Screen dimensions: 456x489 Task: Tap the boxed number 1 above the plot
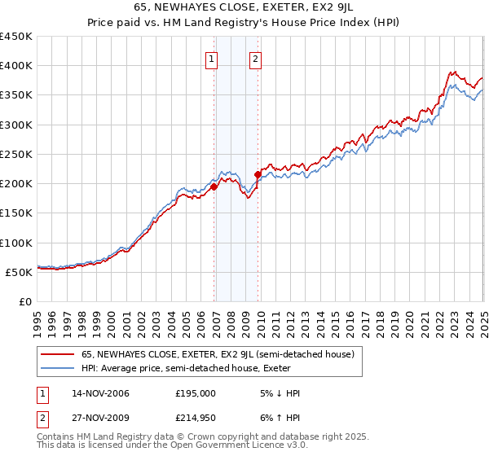pos(212,59)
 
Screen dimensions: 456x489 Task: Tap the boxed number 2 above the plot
pos(256,59)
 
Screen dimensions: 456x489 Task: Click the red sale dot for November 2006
pos(214,186)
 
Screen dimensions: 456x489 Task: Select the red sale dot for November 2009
pos(258,174)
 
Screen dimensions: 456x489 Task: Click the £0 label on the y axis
pos(24,301)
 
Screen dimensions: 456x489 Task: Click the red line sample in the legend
pos(57,355)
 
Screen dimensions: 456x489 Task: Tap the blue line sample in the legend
pos(57,367)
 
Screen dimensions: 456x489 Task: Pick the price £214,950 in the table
pos(196,418)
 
